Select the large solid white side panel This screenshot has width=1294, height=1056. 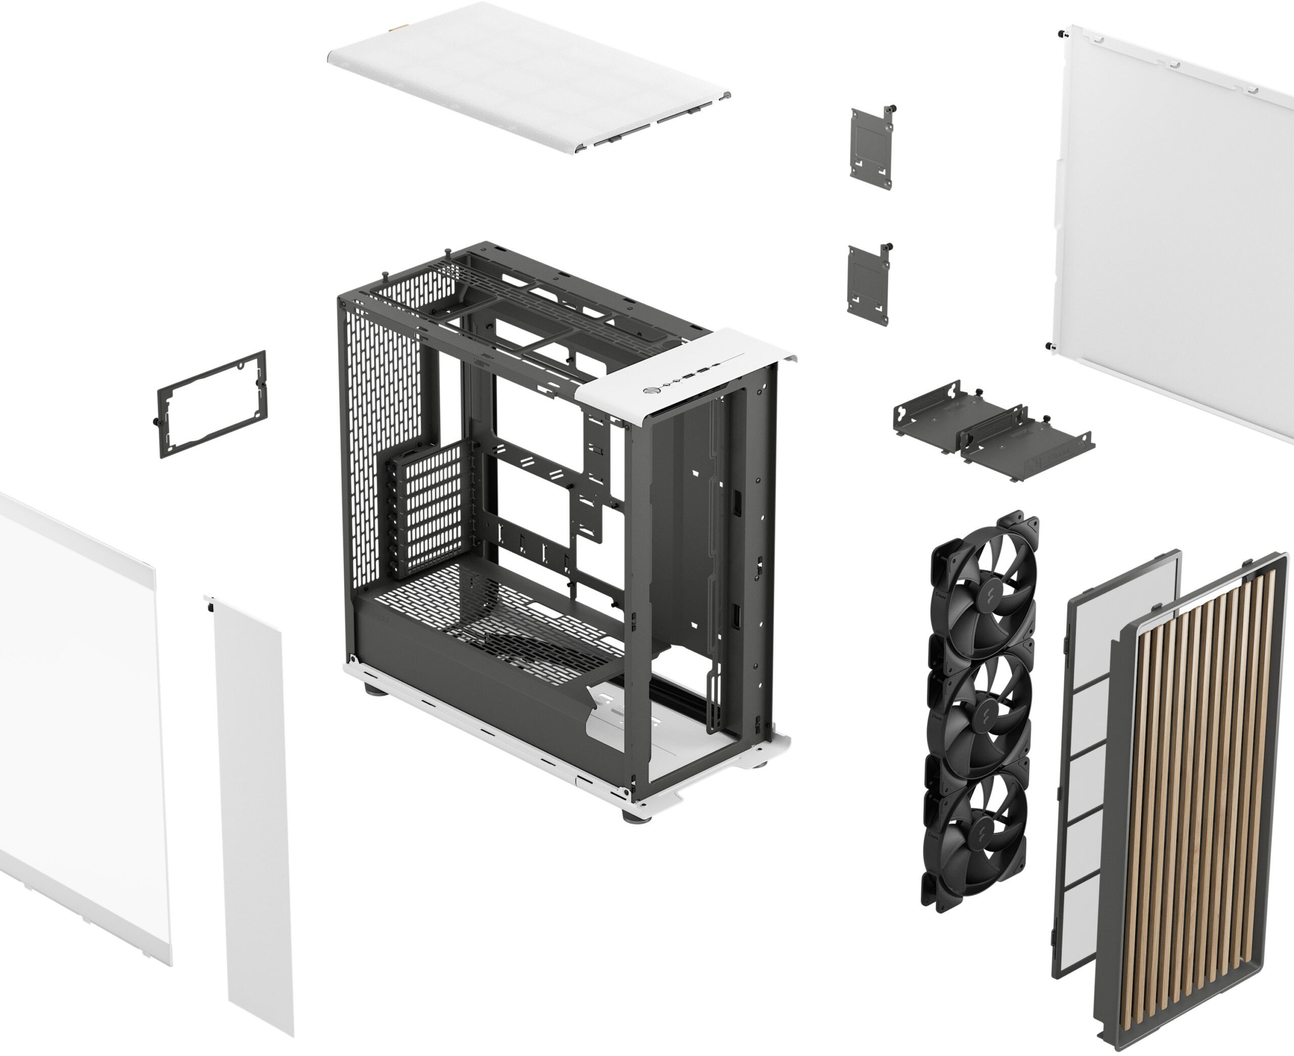[x=1174, y=231]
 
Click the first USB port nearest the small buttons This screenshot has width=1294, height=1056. [x=688, y=378]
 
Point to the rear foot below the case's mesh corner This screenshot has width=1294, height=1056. [x=373, y=689]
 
